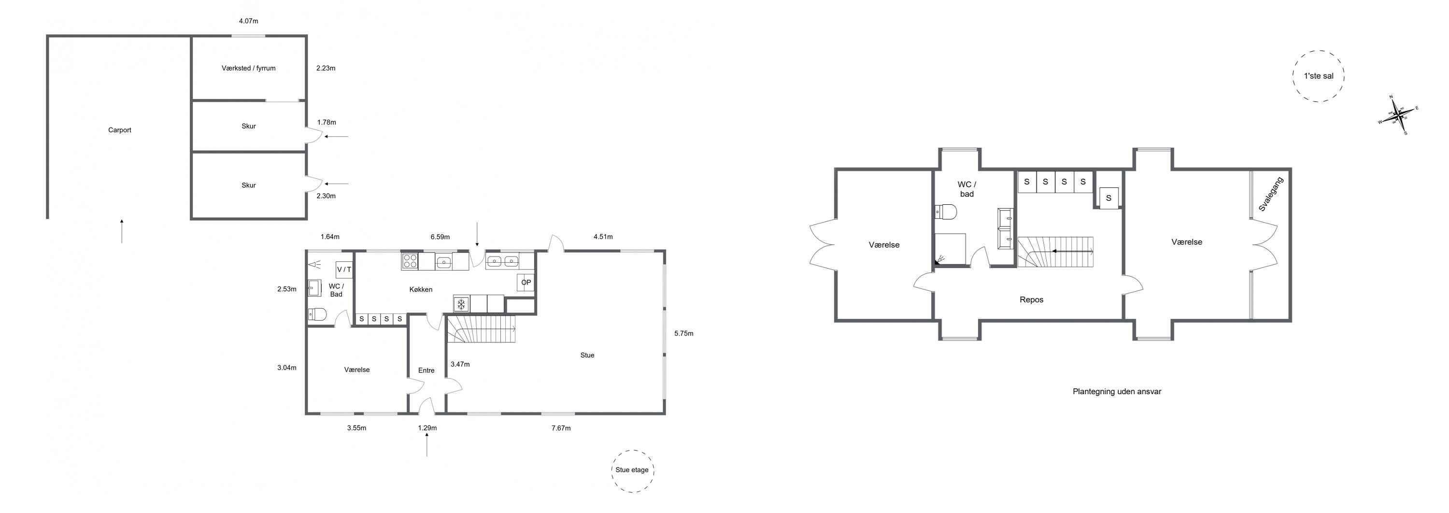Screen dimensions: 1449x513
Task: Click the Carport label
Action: click(x=120, y=130)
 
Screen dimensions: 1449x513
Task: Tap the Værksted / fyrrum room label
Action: click(x=249, y=68)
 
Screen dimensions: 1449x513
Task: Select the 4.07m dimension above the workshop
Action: click(x=249, y=21)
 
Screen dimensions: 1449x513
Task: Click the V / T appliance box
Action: click(x=344, y=270)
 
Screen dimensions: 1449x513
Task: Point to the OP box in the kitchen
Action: click(x=526, y=283)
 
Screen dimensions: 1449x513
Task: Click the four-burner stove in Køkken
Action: click(x=410, y=261)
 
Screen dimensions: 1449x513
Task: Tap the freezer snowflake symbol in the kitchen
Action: click(x=461, y=304)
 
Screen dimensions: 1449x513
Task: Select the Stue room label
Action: click(x=587, y=355)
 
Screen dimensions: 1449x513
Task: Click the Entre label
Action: click(x=426, y=370)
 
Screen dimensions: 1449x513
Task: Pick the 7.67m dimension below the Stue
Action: click(x=561, y=428)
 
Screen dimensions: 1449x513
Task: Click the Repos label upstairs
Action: click(x=1032, y=300)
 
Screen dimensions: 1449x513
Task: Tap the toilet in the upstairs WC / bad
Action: click(x=946, y=212)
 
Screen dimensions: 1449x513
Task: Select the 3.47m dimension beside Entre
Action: click(x=460, y=364)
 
